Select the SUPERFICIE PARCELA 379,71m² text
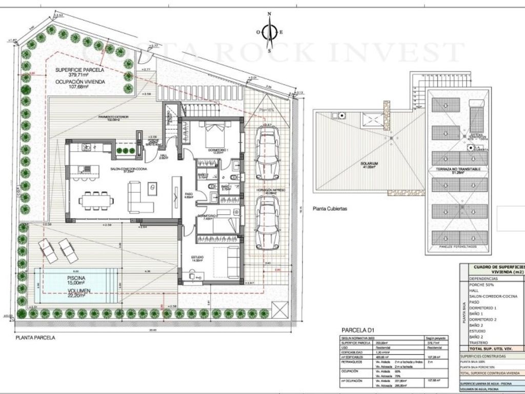[x=80, y=72]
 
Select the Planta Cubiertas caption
[x=330, y=209]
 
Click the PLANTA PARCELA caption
[x=35, y=338]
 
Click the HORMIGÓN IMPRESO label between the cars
[x=268, y=190]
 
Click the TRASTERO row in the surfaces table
[x=479, y=342]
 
